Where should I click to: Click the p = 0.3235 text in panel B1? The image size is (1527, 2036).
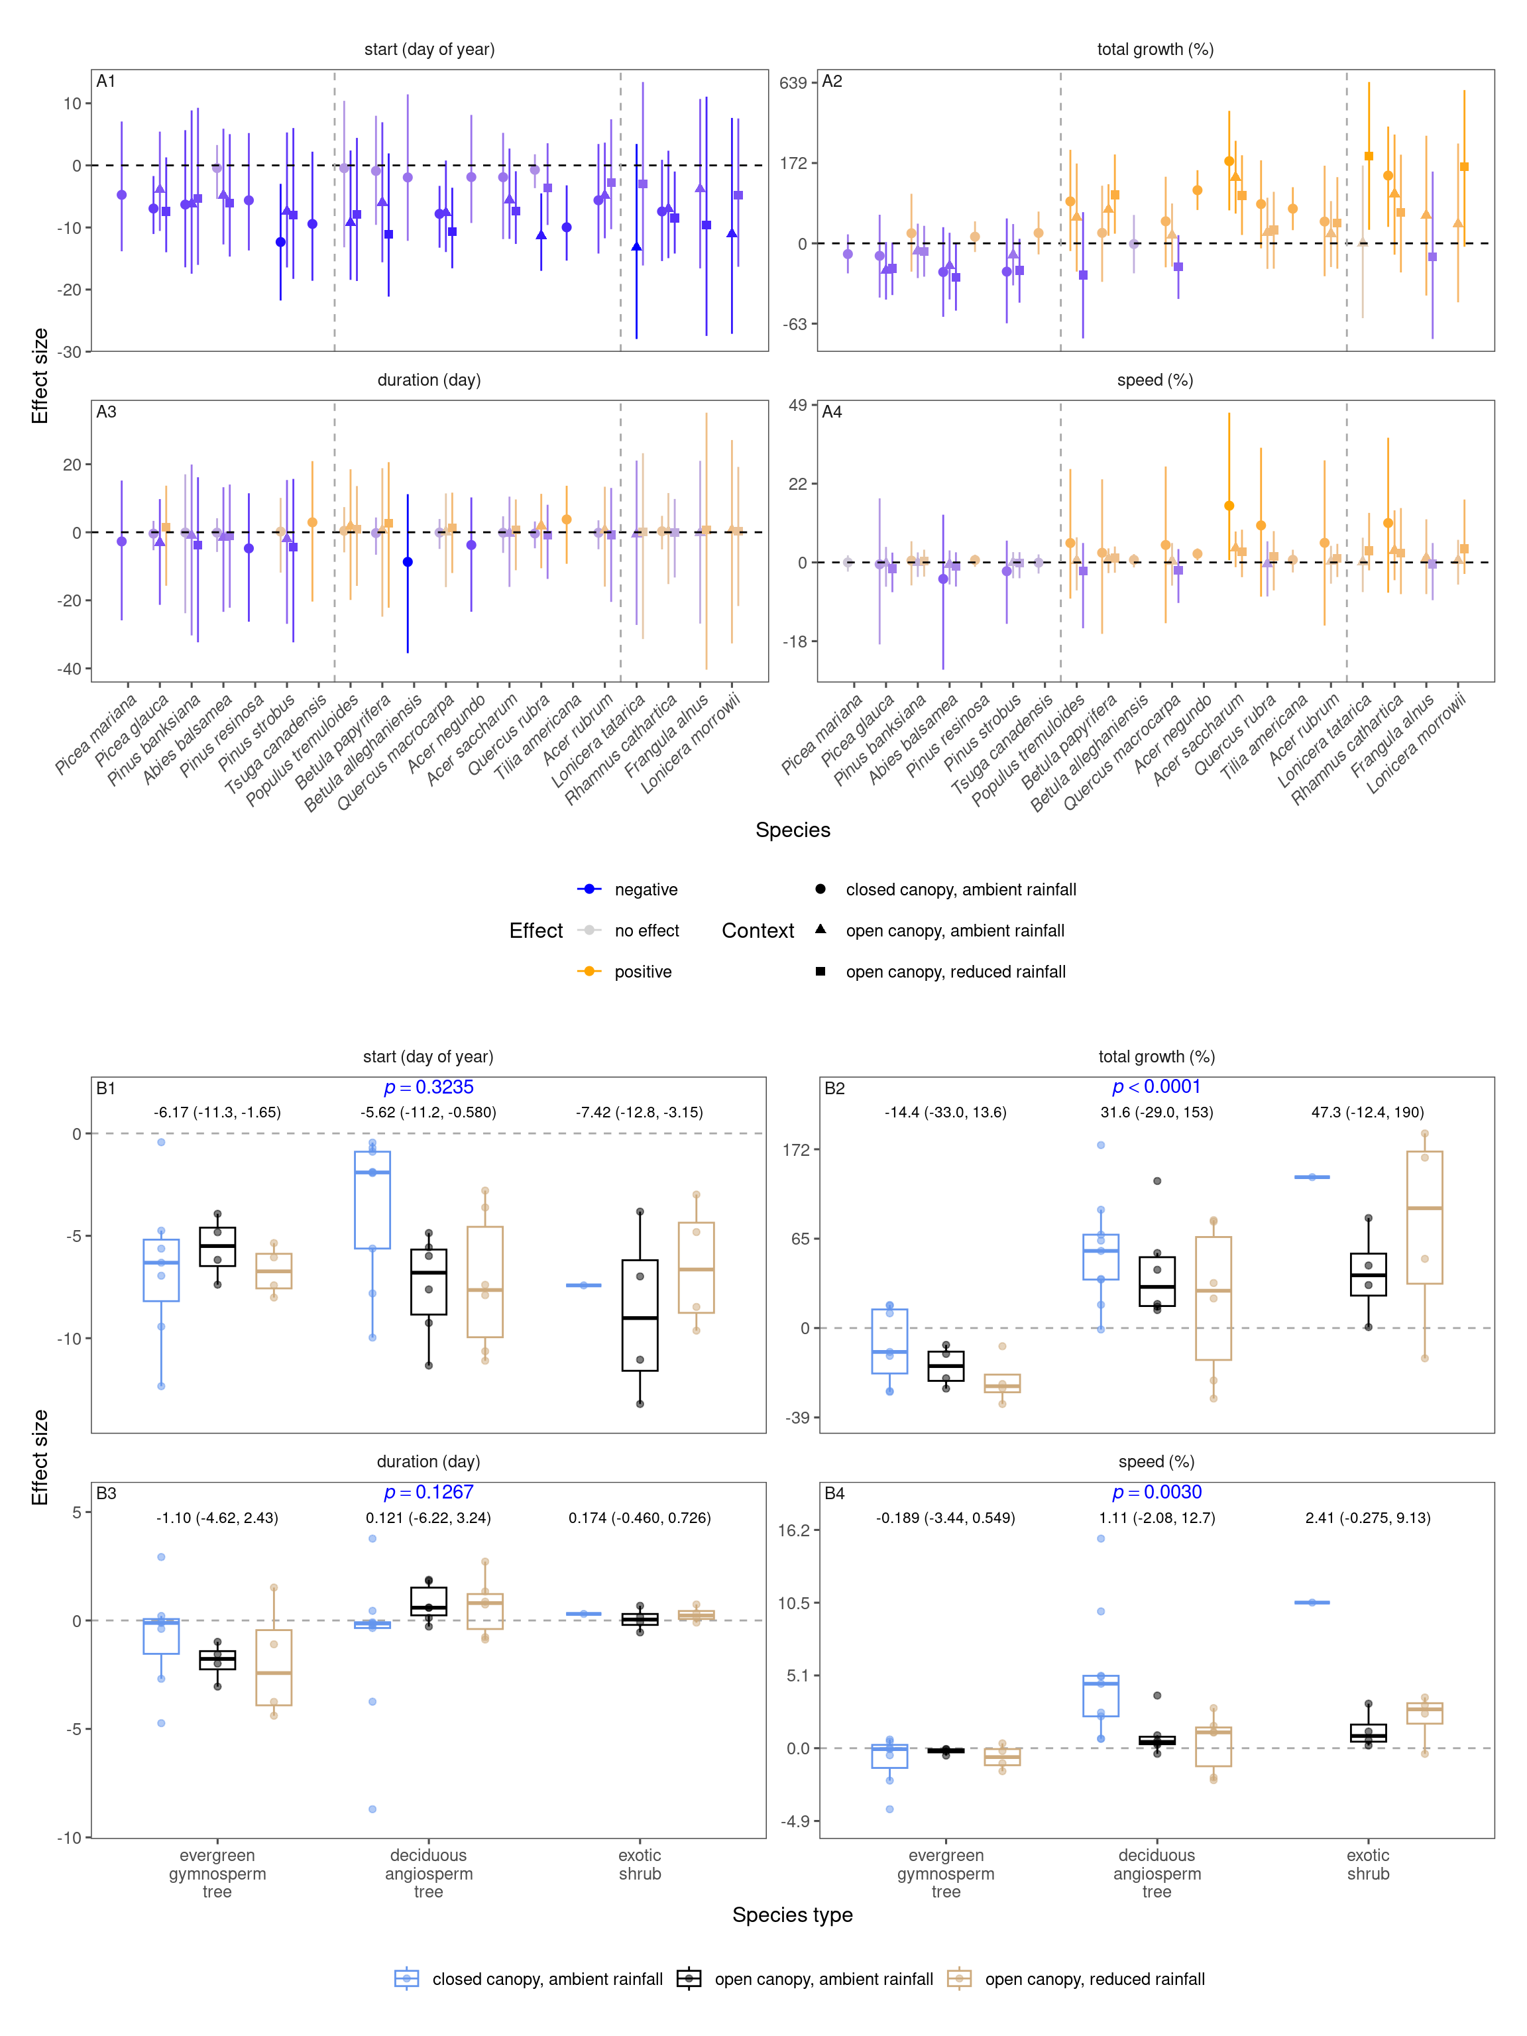coord(428,1087)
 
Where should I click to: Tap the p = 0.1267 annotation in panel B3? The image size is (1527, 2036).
coord(428,1492)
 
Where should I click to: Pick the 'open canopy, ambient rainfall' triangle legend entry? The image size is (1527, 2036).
coord(954,931)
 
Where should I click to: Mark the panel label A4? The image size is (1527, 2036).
coord(831,412)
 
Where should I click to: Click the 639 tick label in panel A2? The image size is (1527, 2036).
coord(793,83)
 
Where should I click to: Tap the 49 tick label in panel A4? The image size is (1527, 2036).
coord(797,405)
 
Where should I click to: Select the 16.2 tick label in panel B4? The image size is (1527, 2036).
coord(793,1531)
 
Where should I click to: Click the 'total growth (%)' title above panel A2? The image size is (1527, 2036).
coord(1155,50)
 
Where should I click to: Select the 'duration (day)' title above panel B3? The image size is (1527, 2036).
coord(428,1461)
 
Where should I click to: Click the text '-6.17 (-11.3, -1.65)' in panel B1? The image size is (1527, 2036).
coord(217,1112)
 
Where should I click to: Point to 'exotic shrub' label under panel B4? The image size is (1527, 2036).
coord(1368,1864)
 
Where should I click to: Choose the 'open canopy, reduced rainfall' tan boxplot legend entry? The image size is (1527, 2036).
coord(1094,1979)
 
